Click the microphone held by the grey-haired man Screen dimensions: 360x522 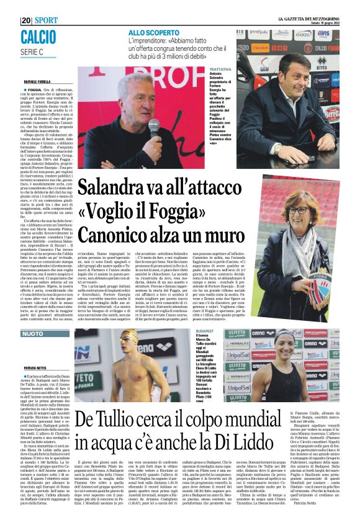(152, 124)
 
